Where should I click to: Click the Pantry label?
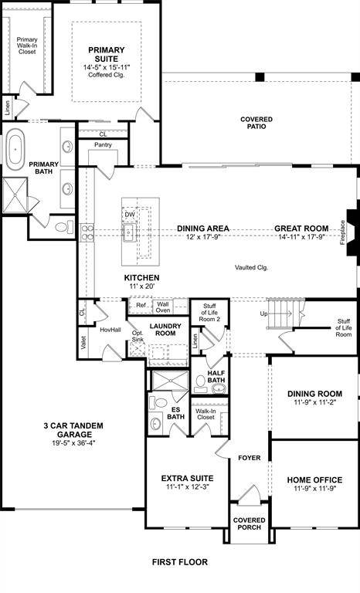(x=104, y=145)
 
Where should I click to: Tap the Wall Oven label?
(x=163, y=308)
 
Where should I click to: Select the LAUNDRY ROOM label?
(x=165, y=330)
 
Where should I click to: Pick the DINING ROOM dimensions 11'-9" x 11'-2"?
(x=314, y=403)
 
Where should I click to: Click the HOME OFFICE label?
(x=314, y=479)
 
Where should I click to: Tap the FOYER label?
(x=250, y=458)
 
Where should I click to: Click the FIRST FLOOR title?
(x=180, y=562)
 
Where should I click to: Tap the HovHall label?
(x=110, y=330)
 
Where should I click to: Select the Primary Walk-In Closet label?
(x=27, y=46)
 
